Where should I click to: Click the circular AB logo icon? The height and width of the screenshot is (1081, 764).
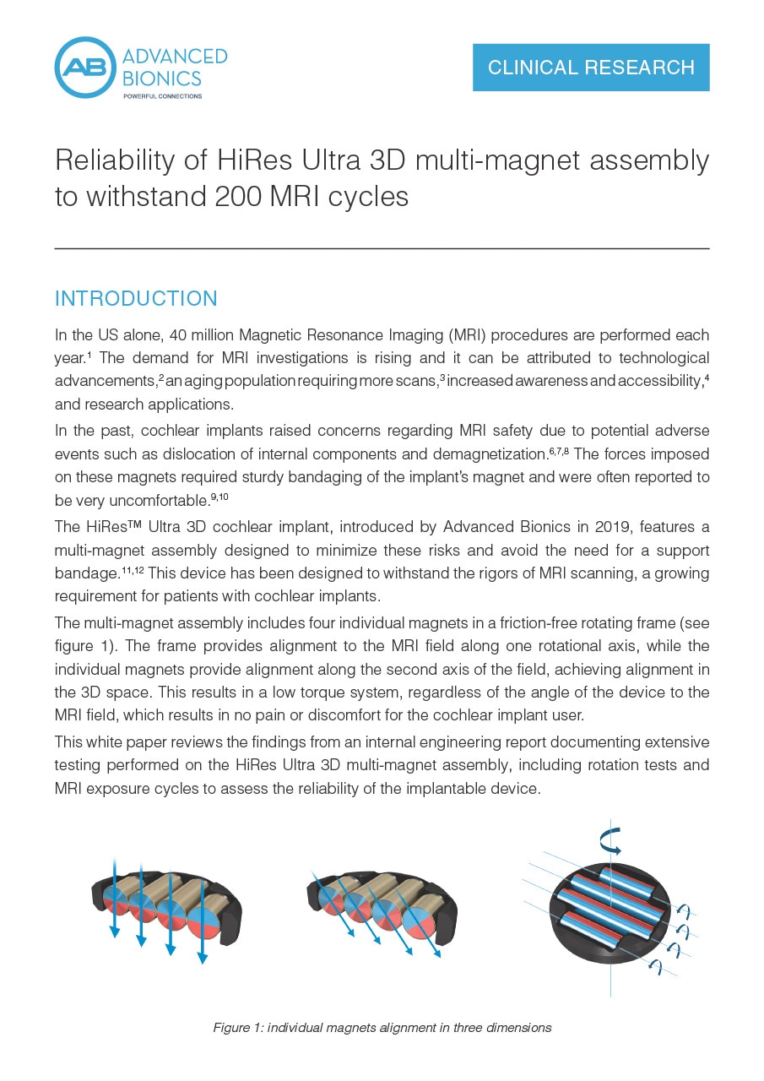(84, 68)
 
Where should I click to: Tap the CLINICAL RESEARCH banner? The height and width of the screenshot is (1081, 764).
(591, 68)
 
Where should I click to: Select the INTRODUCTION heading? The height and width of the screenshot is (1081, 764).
(136, 298)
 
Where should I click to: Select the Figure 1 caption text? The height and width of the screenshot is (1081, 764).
(382, 1028)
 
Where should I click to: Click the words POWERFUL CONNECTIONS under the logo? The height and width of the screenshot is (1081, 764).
(162, 96)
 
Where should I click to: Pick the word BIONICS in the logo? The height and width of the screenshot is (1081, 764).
(162, 79)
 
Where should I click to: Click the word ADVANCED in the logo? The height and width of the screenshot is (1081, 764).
(175, 57)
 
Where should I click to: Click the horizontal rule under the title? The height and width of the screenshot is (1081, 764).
(382, 248)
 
